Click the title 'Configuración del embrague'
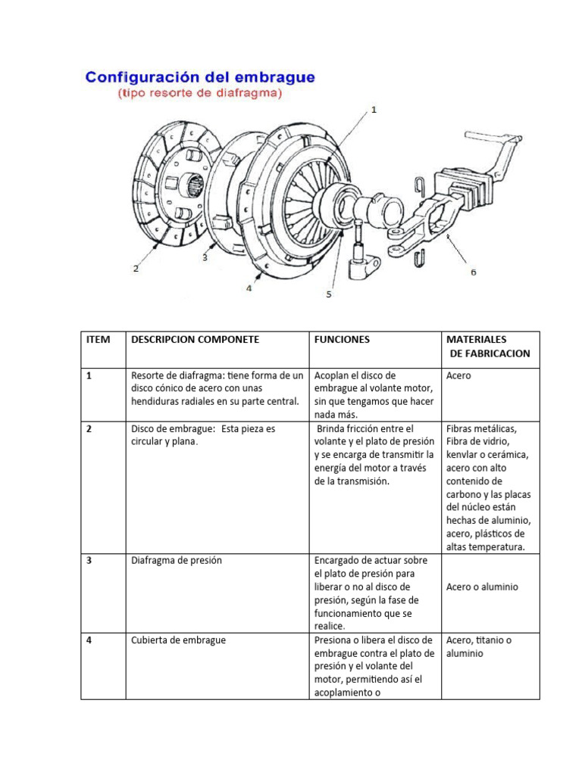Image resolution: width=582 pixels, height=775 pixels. pyautogui.click(x=200, y=78)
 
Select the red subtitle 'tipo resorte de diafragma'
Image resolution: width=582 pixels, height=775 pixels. pyautogui.click(x=200, y=94)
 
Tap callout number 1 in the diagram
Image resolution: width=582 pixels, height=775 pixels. pyautogui.click(x=373, y=110)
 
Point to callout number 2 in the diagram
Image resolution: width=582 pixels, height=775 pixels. pyautogui.click(x=136, y=268)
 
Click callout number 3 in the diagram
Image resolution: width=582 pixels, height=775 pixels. pyautogui.click(x=205, y=257)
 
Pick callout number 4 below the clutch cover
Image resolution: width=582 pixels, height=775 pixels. pyautogui.click(x=249, y=287)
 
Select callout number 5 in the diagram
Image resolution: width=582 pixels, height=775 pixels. pyautogui.click(x=329, y=294)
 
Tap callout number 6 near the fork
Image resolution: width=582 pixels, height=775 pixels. pyautogui.click(x=474, y=272)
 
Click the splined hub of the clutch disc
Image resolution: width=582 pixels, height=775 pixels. pyautogui.click(x=192, y=182)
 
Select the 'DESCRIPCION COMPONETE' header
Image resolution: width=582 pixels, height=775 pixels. pyautogui.click(x=195, y=340)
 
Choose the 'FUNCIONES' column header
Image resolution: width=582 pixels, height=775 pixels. pyautogui.click(x=342, y=340)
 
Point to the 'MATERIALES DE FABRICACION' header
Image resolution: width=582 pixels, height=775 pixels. pyautogui.click(x=488, y=347)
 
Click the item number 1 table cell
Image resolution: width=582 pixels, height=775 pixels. pyautogui.click(x=89, y=375)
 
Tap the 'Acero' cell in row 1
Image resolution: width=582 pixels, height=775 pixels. pyautogui.click(x=459, y=375)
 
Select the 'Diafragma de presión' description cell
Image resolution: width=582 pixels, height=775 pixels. pyautogui.click(x=176, y=561)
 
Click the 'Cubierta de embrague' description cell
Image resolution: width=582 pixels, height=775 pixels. pyautogui.click(x=178, y=640)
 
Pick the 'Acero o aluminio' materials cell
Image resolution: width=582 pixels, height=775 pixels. pyautogui.click(x=483, y=587)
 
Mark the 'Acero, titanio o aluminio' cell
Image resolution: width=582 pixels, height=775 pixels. pyautogui.click(x=479, y=646)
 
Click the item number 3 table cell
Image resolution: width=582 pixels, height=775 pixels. pyautogui.click(x=89, y=561)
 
